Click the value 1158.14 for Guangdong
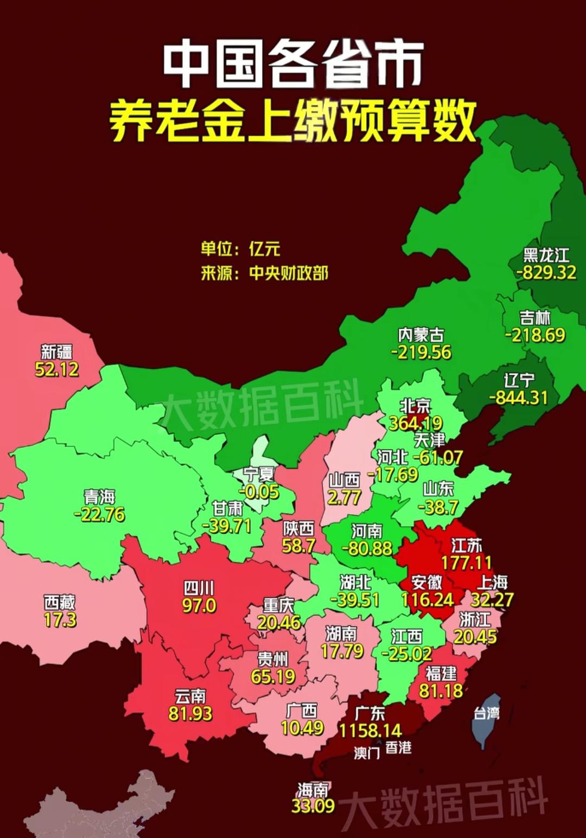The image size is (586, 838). pos(371,731)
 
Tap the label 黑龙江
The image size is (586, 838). pos(546,255)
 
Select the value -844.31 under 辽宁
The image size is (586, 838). pos(519,398)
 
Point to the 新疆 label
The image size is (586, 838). pos(57,351)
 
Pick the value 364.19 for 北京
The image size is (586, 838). pos(416,423)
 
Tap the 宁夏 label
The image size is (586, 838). pos(259,474)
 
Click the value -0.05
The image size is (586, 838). pos(260,492)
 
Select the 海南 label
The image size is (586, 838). pos(313,789)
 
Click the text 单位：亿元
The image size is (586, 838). pos(240,248)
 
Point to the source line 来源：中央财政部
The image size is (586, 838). pos(264,273)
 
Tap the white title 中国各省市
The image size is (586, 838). pos(293,65)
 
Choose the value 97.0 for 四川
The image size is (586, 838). pos(199,605)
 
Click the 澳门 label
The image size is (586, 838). pos(367,753)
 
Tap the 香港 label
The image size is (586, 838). pos(399,748)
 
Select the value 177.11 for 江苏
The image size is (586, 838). pos(466,563)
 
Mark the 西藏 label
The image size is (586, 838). pos(60,602)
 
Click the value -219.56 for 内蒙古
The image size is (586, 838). pos(421,353)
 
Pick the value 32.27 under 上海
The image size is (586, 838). pos(492,600)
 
